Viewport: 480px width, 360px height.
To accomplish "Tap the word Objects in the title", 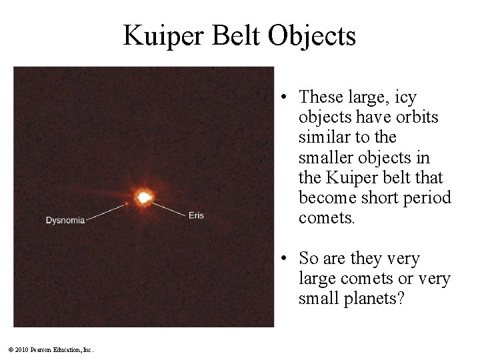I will pos(313,35).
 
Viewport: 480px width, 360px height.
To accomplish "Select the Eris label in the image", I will pos(196,215).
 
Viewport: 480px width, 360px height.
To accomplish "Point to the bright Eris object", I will pos(143,197).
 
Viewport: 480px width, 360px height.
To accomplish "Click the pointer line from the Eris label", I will pos(171,208).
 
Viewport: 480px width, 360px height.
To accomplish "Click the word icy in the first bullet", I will pos(406,97).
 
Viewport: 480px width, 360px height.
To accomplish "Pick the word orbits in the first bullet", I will pos(416,117).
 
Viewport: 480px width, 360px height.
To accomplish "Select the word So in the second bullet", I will pos(309,258).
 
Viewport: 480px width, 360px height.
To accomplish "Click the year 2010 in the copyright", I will pos(20,349).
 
